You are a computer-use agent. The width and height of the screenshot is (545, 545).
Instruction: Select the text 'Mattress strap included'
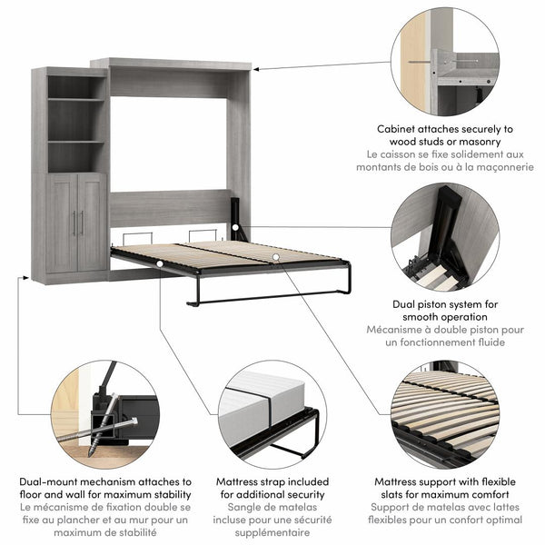[x=271, y=482]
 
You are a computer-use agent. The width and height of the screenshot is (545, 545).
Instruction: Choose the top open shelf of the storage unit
[x=76, y=86]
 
